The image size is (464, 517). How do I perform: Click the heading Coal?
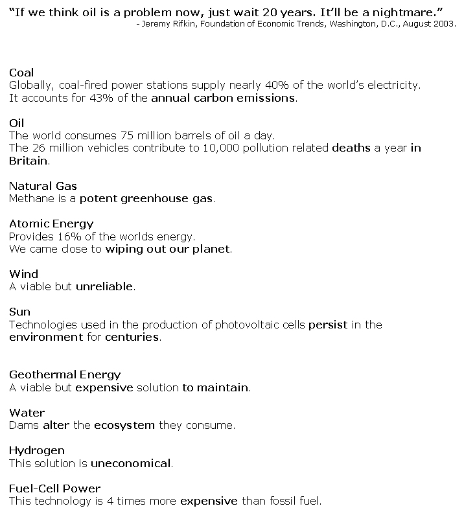[x=21, y=73]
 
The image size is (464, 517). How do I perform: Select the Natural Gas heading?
[x=43, y=187]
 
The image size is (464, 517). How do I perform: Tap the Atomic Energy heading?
[x=51, y=224]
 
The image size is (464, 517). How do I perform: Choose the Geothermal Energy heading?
[x=65, y=374]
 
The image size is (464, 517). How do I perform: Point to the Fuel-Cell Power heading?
[x=55, y=488]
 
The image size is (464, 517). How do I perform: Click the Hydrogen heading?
[x=37, y=450]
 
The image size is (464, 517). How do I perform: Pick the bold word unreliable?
[x=104, y=286]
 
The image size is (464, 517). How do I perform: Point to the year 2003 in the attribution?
[x=443, y=24]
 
